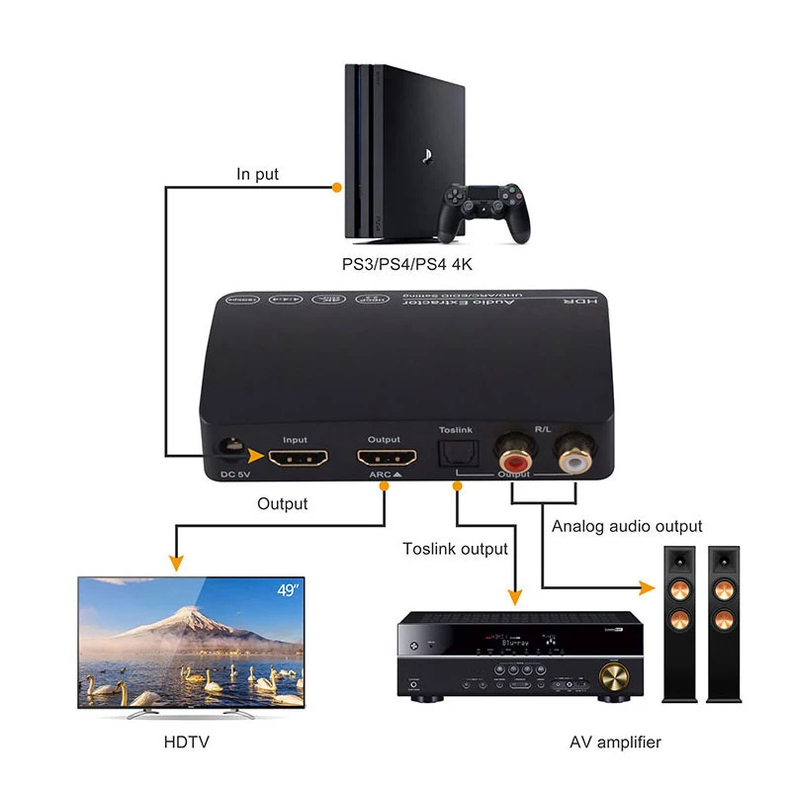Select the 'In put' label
[257, 175]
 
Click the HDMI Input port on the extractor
[296, 458]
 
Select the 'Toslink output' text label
[455, 549]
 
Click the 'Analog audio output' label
[627, 526]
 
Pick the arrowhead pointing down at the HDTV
[176, 564]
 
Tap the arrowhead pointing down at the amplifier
[514, 596]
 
